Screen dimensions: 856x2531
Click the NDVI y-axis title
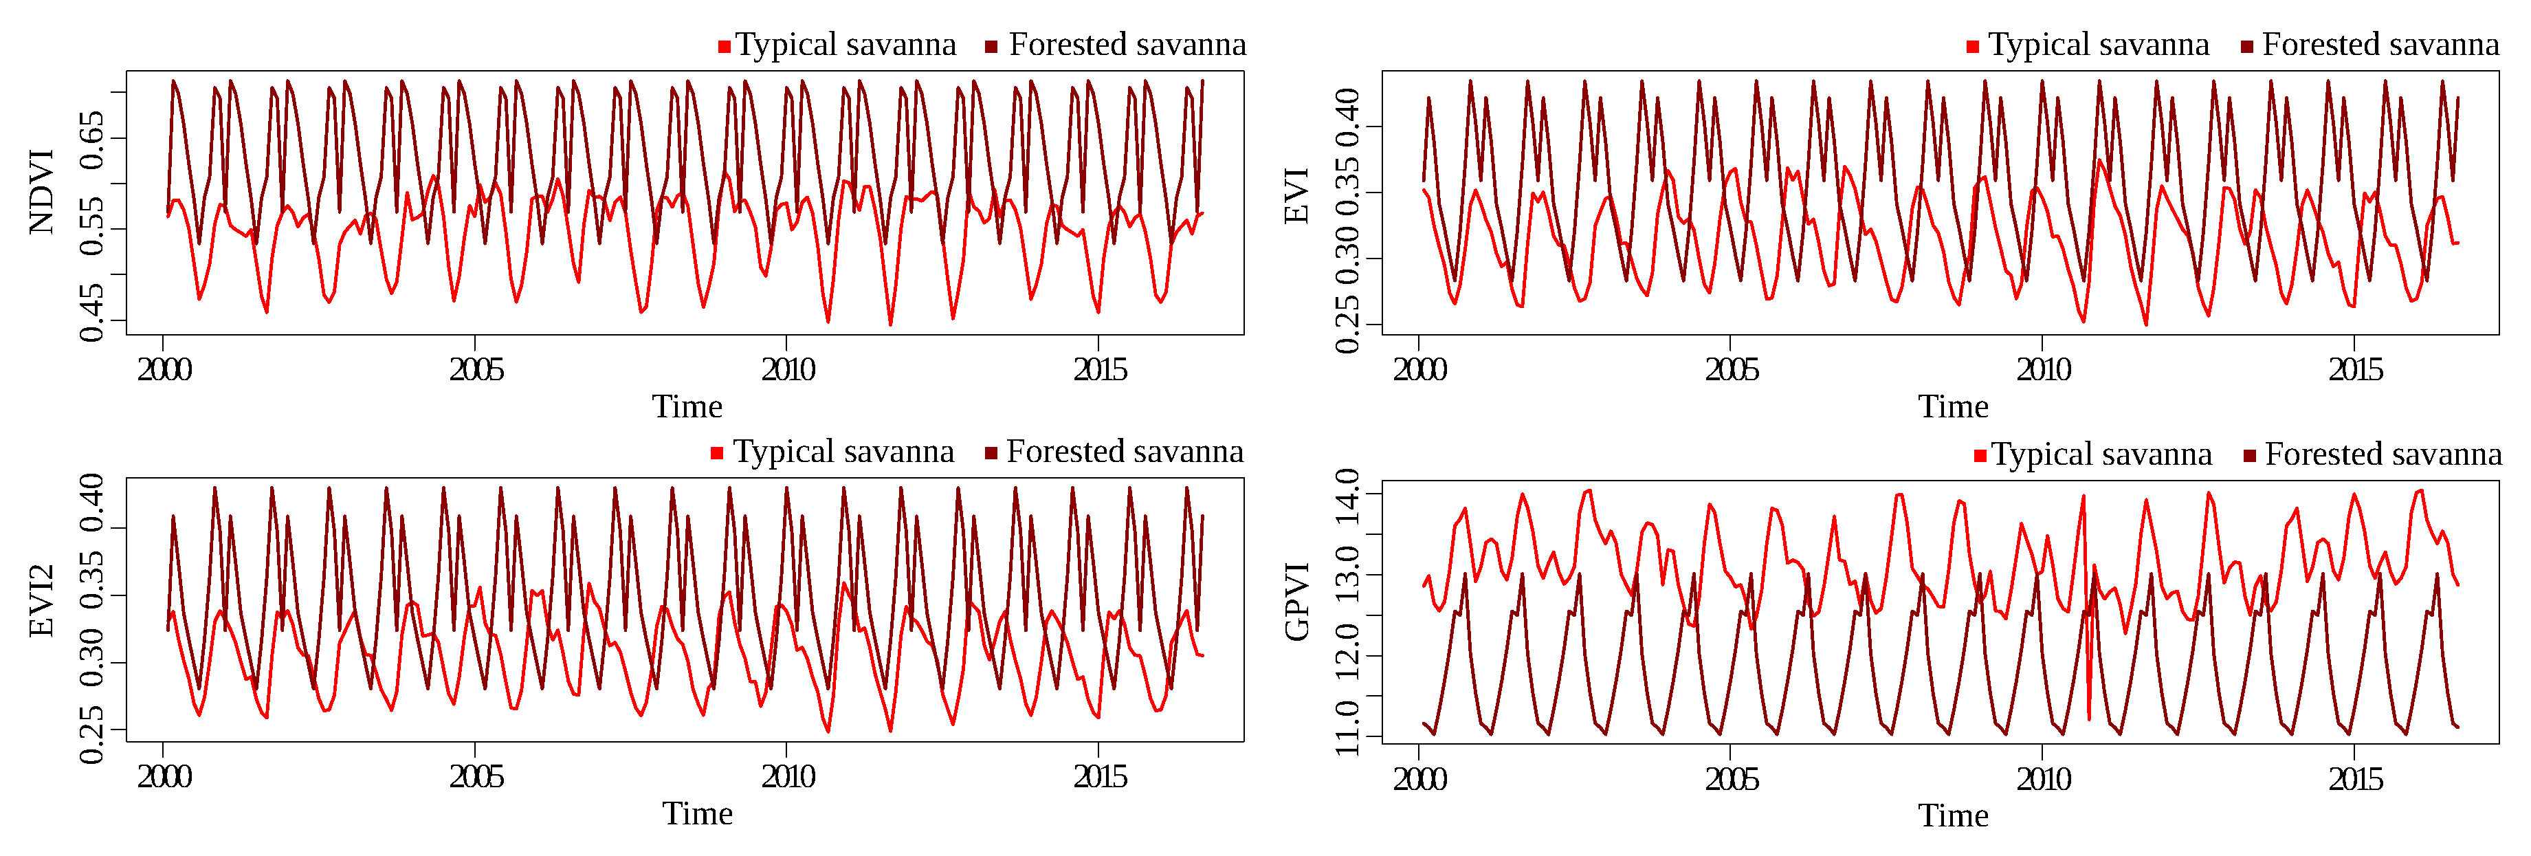[41, 193]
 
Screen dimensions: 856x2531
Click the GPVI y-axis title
[1297, 602]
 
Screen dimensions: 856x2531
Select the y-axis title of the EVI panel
[1297, 195]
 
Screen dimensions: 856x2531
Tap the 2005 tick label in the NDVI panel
[476, 371]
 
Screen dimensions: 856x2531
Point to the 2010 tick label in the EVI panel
[2043, 371]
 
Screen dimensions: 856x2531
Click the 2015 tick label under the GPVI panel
[2354, 780]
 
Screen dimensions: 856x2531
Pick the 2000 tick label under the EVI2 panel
[164, 778]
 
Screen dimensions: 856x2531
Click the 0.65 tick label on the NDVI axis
[91, 140]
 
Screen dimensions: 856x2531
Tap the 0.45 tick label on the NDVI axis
[91, 313]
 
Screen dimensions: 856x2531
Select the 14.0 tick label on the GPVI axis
[1347, 496]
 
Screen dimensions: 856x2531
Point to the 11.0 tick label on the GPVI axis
[1347, 727]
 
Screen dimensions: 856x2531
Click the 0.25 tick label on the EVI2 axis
[91, 735]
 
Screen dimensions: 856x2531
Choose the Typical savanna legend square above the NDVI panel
[724, 46]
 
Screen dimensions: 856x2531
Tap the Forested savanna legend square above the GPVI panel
[2250, 456]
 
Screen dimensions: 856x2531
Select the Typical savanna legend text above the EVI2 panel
[843, 452]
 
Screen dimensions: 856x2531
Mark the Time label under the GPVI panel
[1952, 815]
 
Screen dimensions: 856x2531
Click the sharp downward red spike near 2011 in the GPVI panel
[2089, 716]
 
